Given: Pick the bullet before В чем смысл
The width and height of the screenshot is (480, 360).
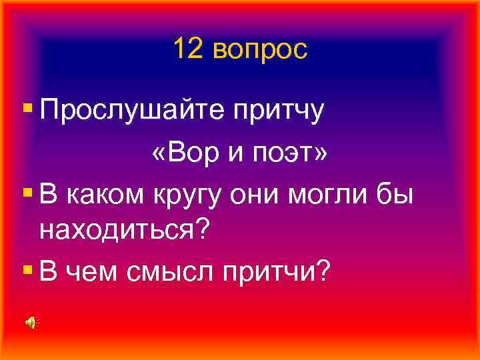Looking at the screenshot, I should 27,267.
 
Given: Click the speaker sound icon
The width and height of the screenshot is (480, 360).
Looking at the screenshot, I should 31,323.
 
